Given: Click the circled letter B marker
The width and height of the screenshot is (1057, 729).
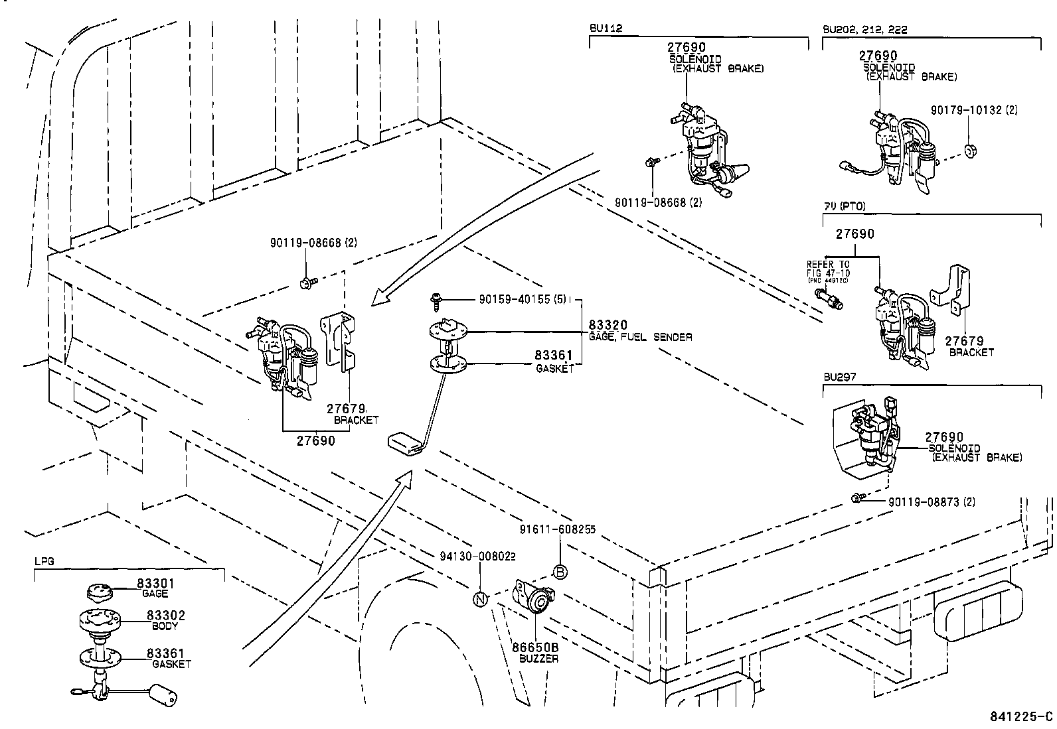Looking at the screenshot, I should [560, 572].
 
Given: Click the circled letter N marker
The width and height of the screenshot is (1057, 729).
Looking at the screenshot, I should [480, 599].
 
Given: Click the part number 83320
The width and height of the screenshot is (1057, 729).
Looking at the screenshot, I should [609, 326].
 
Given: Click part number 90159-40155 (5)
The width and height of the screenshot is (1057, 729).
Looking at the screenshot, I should [522, 299].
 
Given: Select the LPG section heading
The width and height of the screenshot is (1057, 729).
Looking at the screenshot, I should [44, 561].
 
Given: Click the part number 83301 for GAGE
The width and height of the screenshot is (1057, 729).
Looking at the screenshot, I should [155, 583].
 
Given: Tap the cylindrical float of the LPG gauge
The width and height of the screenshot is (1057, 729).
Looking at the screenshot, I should [163, 695].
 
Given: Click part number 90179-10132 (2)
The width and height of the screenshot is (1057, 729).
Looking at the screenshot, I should [974, 110].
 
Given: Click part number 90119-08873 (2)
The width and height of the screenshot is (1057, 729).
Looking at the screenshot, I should [932, 502].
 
